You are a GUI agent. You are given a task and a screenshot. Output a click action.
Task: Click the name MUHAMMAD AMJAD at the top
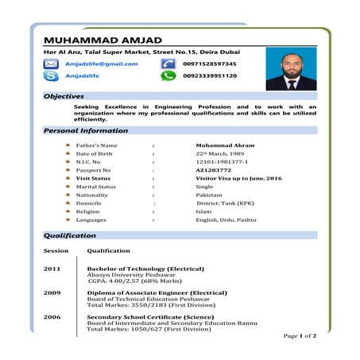pyautogui.click(x=103, y=41)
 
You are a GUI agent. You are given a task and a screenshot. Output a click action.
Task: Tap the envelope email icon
pyautogui.click(x=52, y=64)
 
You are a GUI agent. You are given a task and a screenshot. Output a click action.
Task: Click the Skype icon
pyautogui.click(x=52, y=76)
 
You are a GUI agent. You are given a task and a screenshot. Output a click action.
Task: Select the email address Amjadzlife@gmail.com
pyautogui.click(x=101, y=64)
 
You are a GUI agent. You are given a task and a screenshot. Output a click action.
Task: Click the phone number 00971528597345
pyautogui.click(x=209, y=64)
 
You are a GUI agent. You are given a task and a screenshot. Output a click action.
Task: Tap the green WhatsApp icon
pyautogui.click(x=168, y=76)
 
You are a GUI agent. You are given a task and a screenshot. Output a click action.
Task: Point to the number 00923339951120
pyautogui.click(x=209, y=76)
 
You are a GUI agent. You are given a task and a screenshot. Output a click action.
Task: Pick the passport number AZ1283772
pyautogui.click(x=213, y=170)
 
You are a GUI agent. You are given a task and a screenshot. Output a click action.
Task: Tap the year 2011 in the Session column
pyautogui.click(x=52, y=269)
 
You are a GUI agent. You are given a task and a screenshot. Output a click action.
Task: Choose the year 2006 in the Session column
pyautogui.click(x=52, y=316)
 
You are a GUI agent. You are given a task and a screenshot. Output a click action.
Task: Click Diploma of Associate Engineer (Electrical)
pyautogui.click(x=157, y=292)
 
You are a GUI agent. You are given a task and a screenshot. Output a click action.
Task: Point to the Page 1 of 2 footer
pyautogui.click(x=300, y=336)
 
